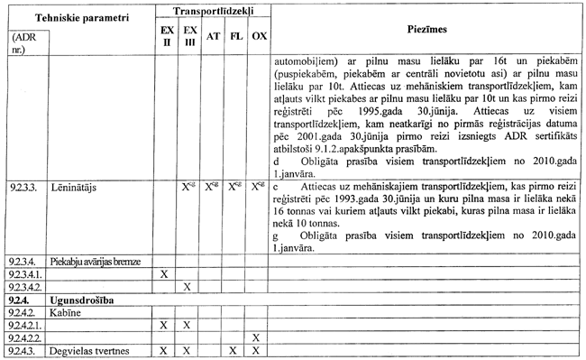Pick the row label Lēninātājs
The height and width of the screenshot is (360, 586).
click(x=71, y=190)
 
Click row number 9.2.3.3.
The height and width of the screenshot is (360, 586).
click(x=21, y=190)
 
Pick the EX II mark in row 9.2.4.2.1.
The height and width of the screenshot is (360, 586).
click(x=164, y=325)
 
